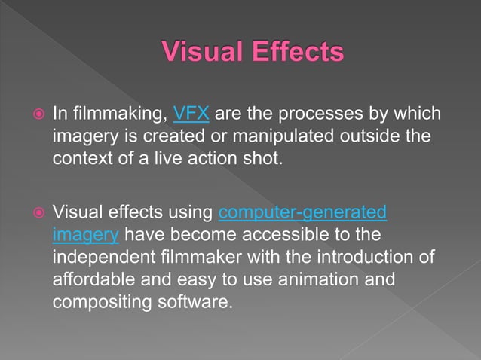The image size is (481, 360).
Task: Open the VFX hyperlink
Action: pos(191,115)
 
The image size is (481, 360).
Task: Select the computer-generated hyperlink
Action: pos(302,213)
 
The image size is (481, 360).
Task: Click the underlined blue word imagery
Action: pos(86,234)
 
